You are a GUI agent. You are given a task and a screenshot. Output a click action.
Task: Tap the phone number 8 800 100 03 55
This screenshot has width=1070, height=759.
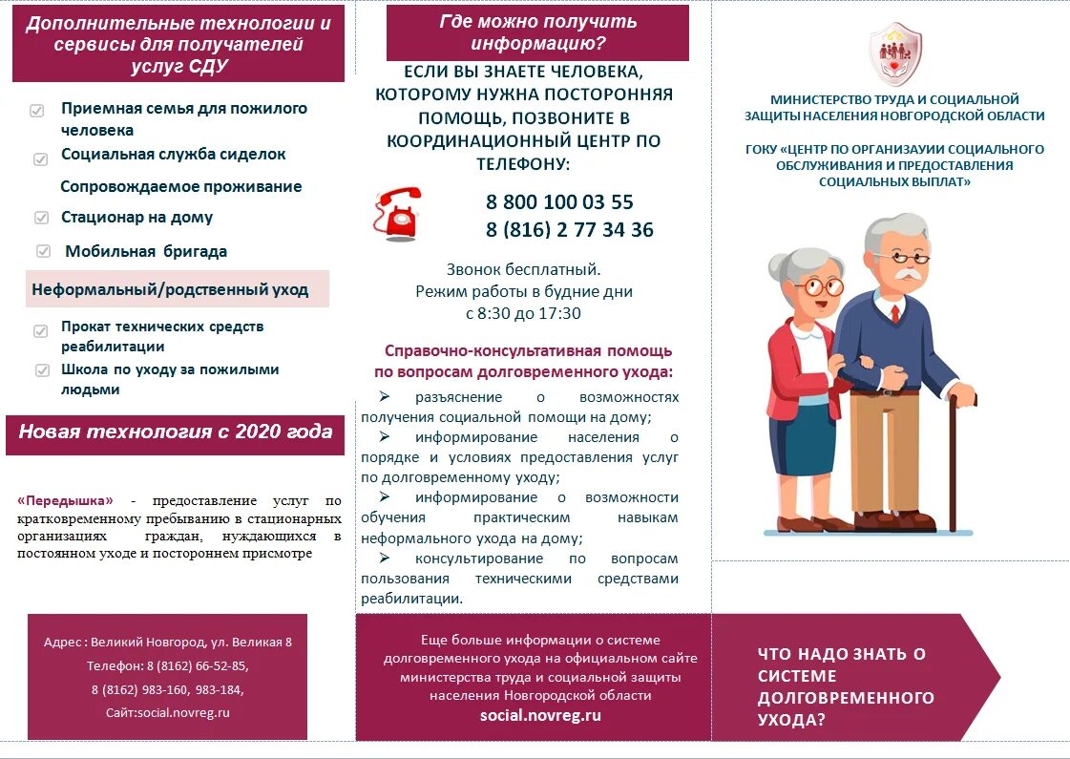[x=559, y=202]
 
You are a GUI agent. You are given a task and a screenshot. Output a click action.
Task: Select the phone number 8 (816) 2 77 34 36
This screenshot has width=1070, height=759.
[x=569, y=230]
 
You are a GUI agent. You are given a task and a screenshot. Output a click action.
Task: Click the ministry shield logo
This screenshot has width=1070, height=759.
[x=894, y=54]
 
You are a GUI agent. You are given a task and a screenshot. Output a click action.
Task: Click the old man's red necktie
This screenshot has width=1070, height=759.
[x=894, y=312]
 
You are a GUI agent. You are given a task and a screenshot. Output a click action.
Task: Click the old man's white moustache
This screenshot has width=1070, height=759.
[x=903, y=275]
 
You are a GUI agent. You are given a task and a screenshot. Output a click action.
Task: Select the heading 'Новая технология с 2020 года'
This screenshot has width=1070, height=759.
[x=176, y=432]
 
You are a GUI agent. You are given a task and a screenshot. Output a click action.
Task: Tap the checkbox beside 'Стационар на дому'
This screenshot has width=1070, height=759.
[x=41, y=218]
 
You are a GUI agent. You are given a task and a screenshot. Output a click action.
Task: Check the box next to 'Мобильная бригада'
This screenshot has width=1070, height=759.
[x=44, y=252]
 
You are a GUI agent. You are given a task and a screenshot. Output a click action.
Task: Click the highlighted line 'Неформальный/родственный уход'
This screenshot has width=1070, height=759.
[x=170, y=289]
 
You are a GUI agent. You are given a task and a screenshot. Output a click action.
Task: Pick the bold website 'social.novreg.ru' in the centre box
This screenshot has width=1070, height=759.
[x=540, y=715]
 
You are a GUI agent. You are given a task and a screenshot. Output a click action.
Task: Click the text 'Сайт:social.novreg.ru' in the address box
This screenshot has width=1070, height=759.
[x=168, y=712]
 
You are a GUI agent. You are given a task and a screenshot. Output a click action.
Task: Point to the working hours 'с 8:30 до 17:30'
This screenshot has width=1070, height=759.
[x=523, y=313]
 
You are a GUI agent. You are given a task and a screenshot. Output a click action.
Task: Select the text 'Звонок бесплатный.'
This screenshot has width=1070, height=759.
[x=523, y=269]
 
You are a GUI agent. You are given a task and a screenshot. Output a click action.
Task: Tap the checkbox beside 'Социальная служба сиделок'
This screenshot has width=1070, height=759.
[x=41, y=159]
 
